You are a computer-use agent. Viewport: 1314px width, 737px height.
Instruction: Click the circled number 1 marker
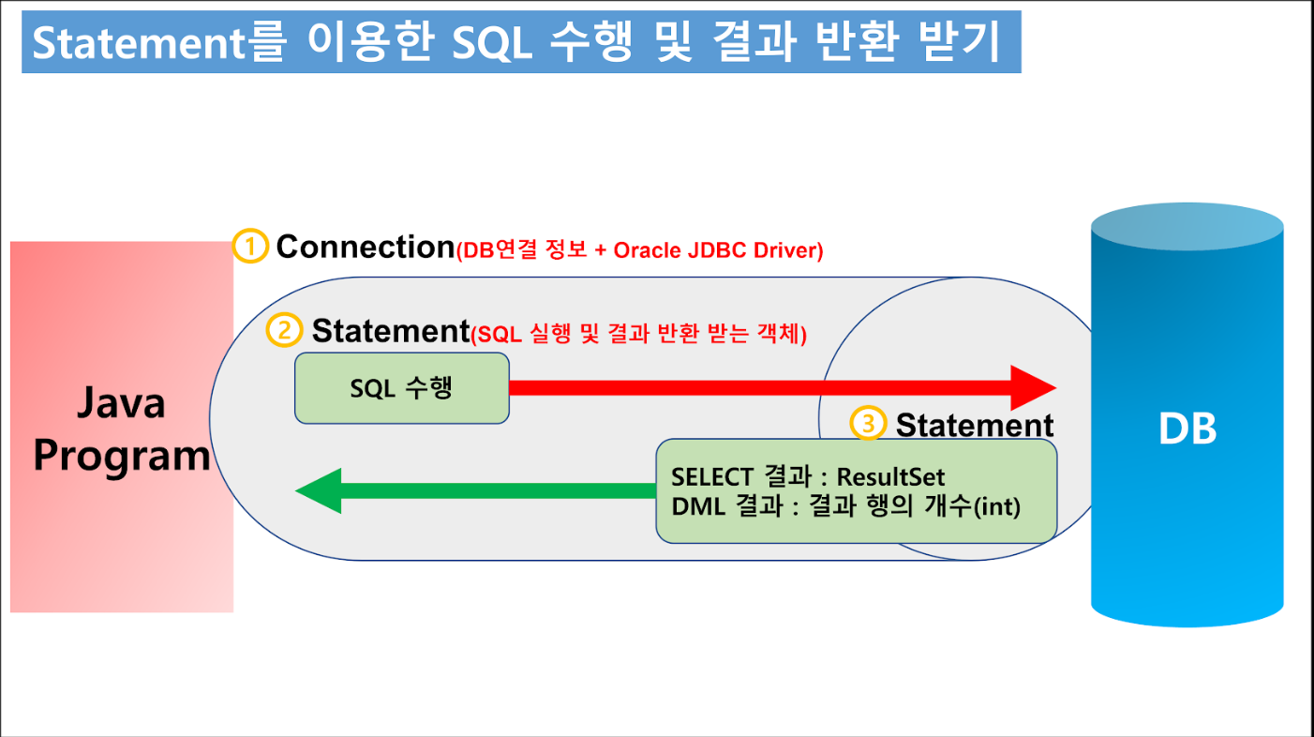coord(250,246)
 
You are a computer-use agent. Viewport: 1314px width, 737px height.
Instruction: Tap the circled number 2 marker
coord(285,330)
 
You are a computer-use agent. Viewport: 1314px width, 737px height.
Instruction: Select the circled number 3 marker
coord(868,423)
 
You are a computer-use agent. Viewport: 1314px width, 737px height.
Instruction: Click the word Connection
coord(366,247)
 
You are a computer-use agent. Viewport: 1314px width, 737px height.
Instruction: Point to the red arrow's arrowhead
coord(1034,388)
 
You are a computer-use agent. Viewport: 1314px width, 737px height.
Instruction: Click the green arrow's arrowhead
coord(318,491)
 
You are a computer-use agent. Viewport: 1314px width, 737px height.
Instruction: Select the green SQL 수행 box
coord(402,388)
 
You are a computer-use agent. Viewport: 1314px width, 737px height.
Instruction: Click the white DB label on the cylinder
coord(1187,429)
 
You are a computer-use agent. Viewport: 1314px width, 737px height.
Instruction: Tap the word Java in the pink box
coord(122,403)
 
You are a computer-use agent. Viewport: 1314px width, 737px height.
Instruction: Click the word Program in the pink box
coord(122,457)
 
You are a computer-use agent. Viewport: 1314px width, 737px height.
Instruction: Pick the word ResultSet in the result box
coord(890,477)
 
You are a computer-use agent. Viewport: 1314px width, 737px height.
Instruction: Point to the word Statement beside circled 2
coord(391,331)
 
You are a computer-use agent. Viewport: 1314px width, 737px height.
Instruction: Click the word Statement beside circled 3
coord(975,425)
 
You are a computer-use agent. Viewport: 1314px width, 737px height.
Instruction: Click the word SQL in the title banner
coord(492,43)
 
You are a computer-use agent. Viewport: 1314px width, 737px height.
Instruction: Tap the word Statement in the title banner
coord(139,43)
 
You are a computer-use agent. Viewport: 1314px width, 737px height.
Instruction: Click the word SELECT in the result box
coord(712,477)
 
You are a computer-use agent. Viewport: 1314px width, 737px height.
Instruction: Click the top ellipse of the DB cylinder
coord(1187,227)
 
